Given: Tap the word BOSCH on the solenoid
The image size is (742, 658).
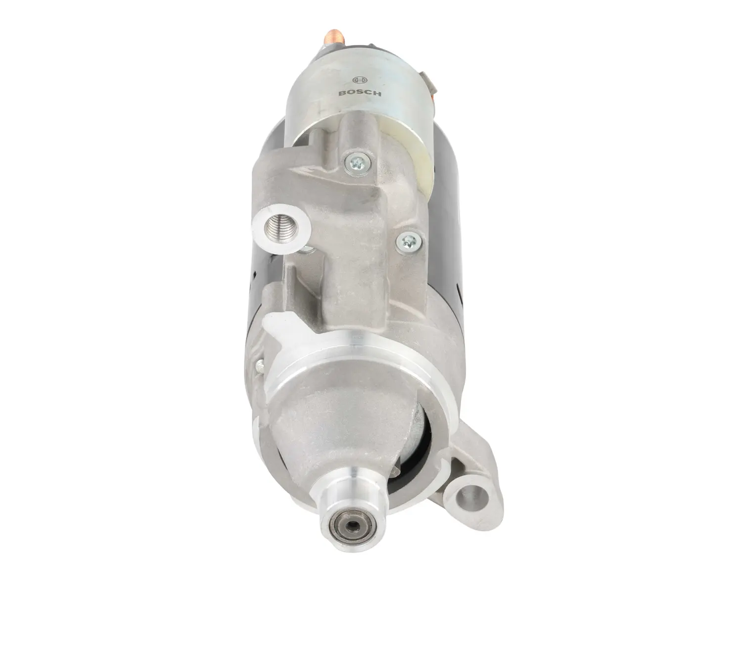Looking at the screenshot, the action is (x=360, y=93).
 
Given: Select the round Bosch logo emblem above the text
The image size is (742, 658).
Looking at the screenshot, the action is (x=359, y=80).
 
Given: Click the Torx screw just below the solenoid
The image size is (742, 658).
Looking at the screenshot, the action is (x=357, y=162).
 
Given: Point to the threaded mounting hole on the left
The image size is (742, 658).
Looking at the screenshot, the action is (x=280, y=228).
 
